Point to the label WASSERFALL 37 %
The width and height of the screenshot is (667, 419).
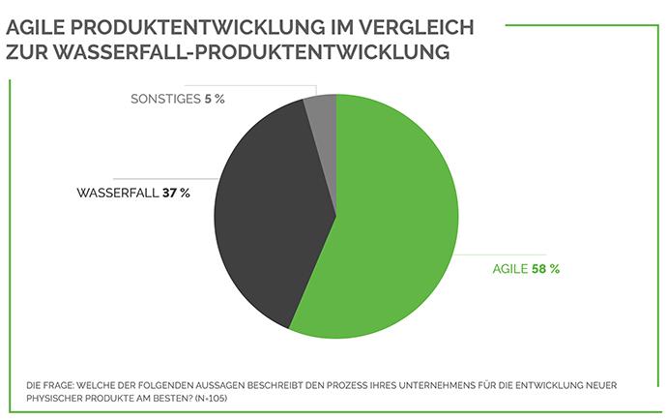tap(132, 193)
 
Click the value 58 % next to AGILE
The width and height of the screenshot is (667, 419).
tap(545, 269)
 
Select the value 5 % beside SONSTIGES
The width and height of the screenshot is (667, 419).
tap(215, 99)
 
